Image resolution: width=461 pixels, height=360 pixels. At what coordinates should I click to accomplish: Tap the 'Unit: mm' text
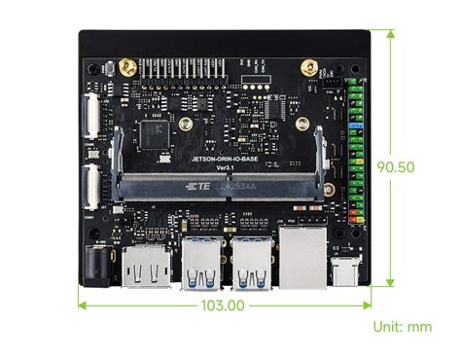402,327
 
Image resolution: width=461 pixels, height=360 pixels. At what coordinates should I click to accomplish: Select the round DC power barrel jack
98,265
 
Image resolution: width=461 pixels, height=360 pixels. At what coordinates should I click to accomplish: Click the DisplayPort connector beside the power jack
145,268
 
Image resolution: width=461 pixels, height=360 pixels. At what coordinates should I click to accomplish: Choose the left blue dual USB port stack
203,263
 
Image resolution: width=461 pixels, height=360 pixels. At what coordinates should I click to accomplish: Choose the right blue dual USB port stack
254,263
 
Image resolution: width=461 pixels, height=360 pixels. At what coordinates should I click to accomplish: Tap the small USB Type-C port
345,270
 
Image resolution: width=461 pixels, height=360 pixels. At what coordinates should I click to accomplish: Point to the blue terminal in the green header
356,126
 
